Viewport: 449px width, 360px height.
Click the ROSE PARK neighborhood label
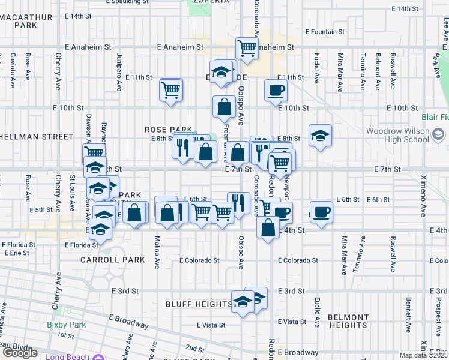click(x=169, y=129)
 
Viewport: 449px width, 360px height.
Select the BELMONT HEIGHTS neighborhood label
click(x=348, y=321)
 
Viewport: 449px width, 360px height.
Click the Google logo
click(x=20, y=353)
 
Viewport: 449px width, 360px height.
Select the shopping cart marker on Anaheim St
click(x=247, y=49)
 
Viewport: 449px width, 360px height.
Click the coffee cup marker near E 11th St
click(x=276, y=90)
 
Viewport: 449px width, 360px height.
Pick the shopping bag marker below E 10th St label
click(x=224, y=106)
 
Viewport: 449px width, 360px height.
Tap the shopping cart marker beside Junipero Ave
click(x=171, y=90)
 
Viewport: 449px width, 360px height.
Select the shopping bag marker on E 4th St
click(x=268, y=227)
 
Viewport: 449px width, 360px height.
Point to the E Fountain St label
click(x=325, y=31)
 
